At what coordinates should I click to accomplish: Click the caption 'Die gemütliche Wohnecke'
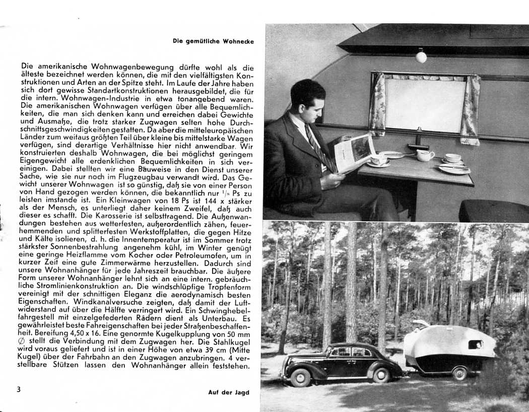(x=214, y=41)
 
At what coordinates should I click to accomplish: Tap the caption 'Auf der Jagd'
(x=229, y=392)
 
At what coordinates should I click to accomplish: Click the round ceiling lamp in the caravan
(x=421, y=57)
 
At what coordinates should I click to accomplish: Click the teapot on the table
(x=424, y=155)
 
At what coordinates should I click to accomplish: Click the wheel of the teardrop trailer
(x=459, y=373)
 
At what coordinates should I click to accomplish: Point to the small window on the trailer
(x=475, y=345)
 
